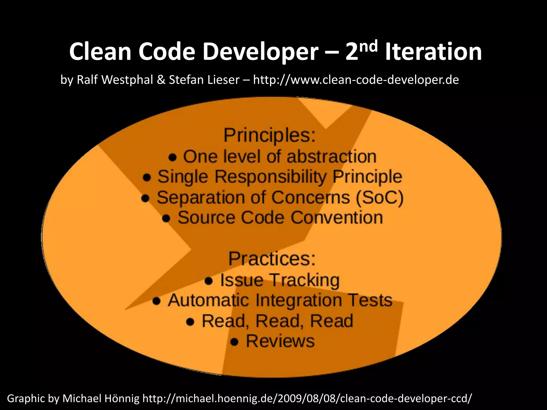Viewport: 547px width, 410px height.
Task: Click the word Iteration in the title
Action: [433, 52]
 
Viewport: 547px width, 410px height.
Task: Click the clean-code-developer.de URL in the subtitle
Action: [356, 80]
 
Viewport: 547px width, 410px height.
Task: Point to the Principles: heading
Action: [269, 136]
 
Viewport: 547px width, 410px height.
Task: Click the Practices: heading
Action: [272, 259]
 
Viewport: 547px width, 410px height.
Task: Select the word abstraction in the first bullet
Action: [331, 156]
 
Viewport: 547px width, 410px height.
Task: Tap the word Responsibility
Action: [271, 177]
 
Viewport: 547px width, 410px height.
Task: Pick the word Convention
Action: [337, 218]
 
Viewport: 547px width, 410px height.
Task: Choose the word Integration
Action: [299, 300]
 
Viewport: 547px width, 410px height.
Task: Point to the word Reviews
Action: [280, 341]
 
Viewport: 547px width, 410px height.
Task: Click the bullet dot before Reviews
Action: [235, 342]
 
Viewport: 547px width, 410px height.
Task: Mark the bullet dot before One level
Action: [173, 157]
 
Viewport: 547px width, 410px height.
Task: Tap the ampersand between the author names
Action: [161, 80]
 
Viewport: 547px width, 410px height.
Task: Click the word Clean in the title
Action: [100, 52]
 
